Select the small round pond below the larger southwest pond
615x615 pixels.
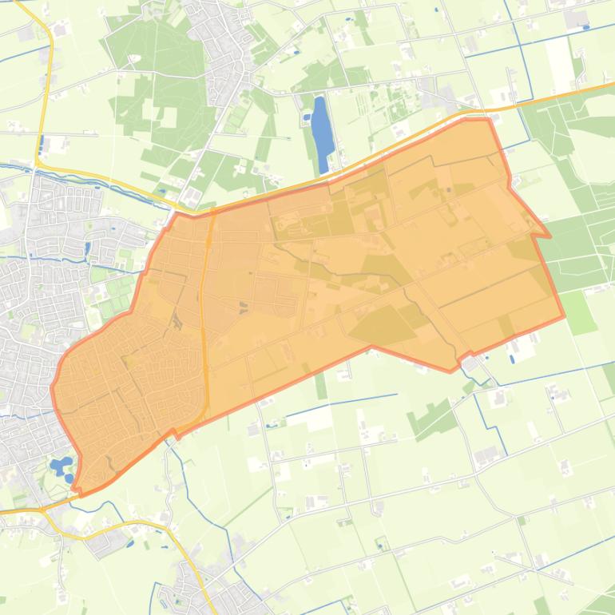pyautogui.click(x=69, y=478)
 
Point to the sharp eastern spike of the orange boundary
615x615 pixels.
pyautogui.click(x=548, y=236)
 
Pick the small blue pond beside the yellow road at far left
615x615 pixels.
pyautogui.click(x=40, y=146)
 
